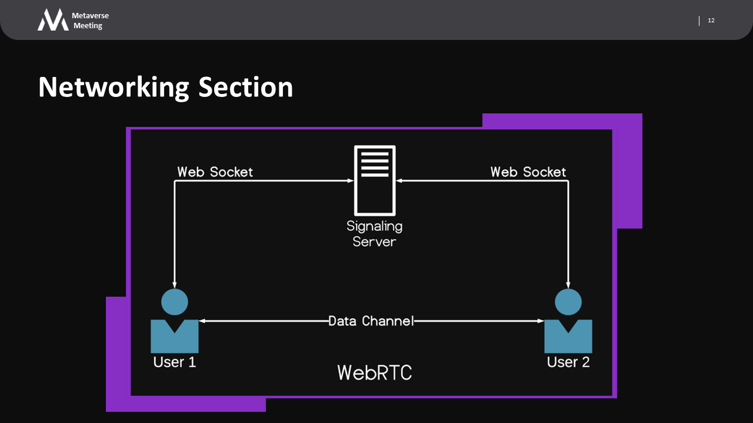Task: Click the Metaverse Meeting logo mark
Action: [53, 20]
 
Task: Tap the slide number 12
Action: [711, 21]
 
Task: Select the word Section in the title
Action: [245, 87]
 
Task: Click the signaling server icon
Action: [374, 180]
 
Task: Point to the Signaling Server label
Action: [374, 233]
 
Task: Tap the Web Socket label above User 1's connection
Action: [215, 172]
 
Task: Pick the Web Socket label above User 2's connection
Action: [528, 172]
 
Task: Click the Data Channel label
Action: [371, 321]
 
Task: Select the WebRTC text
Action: [375, 372]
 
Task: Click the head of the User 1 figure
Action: [175, 303]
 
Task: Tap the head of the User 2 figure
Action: [568, 303]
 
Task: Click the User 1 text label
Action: [175, 361]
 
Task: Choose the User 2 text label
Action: [568, 361]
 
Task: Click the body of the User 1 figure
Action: [175, 338]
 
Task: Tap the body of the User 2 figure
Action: [568, 338]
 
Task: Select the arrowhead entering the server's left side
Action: [350, 181]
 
